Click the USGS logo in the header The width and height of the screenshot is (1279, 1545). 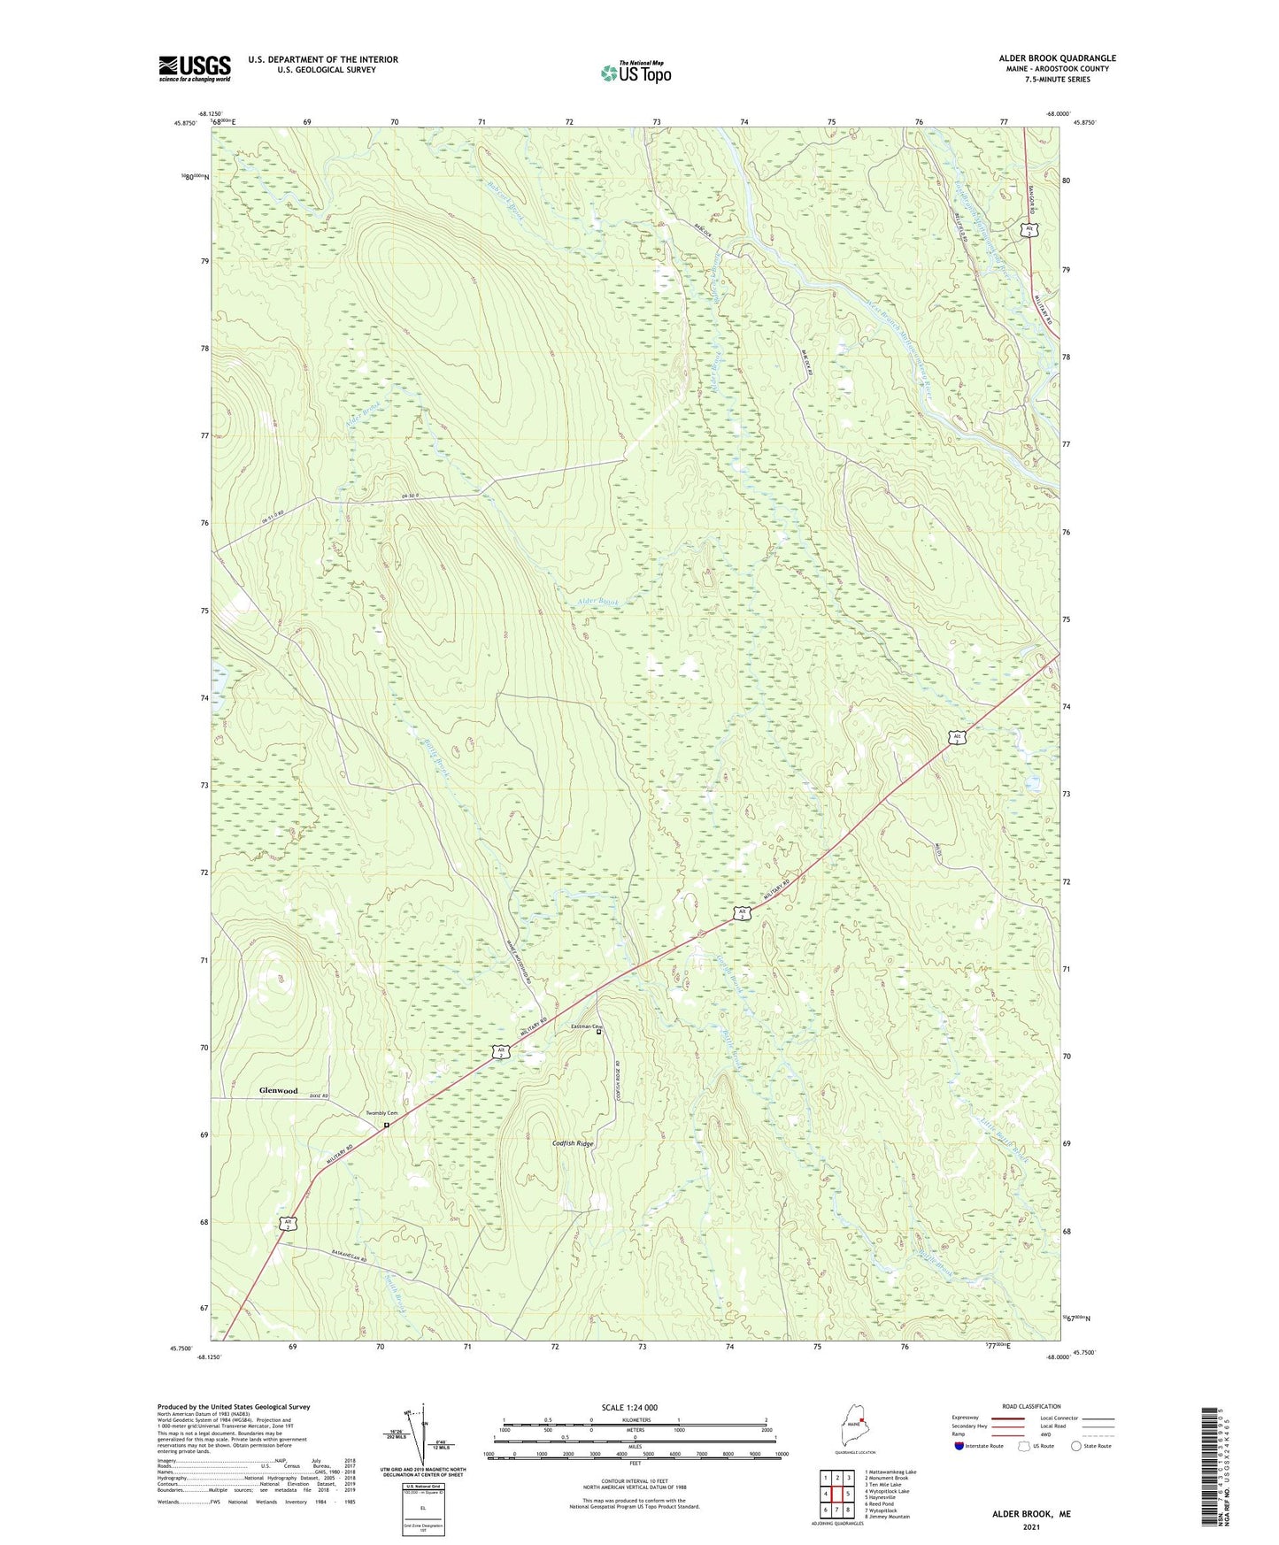[x=195, y=68]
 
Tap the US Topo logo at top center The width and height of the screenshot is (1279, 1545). [x=636, y=73]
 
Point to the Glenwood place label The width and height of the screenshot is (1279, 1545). [x=278, y=1090]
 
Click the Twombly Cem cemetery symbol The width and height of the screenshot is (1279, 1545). [x=387, y=1126]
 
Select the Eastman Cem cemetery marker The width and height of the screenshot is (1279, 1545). [x=598, y=1032]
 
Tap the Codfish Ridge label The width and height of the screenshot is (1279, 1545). [x=573, y=1143]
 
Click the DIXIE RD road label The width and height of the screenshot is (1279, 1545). [x=319, y=1096]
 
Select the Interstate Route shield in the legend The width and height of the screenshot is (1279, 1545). [x=960, y=1446]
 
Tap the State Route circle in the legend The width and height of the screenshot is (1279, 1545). [x=1076, y=1446]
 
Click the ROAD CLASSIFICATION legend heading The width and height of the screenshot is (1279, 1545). [x=1031, y=1406]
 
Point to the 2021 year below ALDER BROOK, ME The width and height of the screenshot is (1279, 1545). [x=1031, y=1527]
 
